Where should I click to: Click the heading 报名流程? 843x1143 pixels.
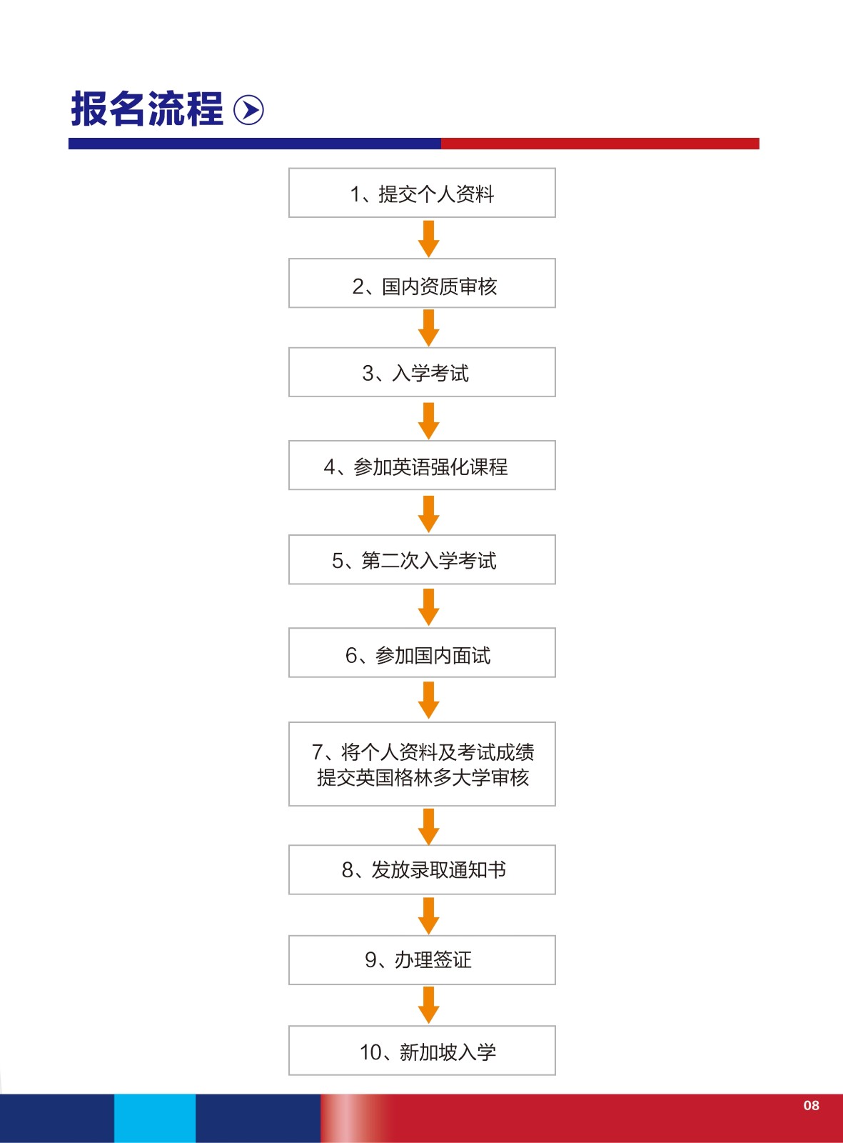[147, 109]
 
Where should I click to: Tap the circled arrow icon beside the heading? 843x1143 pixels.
[248, 110]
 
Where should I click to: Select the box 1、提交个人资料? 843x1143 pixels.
[422, 193]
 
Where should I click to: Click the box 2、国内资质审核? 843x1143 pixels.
[422, 284]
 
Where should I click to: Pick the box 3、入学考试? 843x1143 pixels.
[422, 372]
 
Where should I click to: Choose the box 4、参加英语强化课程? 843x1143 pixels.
[422, 465]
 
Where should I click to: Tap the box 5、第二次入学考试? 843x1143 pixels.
[422, 559]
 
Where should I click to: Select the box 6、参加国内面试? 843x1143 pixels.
[422, 652]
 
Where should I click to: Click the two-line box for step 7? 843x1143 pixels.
[422, 764]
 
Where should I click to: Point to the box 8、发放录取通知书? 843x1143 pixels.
[422, 870]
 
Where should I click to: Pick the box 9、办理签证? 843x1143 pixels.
[422, 960]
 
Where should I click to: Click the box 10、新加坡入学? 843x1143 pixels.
[422, 1050]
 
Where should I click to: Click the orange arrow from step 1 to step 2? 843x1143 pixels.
[428, 239]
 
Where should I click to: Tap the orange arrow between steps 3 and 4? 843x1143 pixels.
[428, 421]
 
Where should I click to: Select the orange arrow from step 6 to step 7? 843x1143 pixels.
[428, 700]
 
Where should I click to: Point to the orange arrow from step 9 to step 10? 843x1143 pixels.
[428, 1005]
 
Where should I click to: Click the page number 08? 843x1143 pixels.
[811, 1105]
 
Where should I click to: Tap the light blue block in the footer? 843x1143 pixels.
[154, 1118]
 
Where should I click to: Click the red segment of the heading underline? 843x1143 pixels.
[600, 144]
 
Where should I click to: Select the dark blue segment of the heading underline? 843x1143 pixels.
[254, 144]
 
